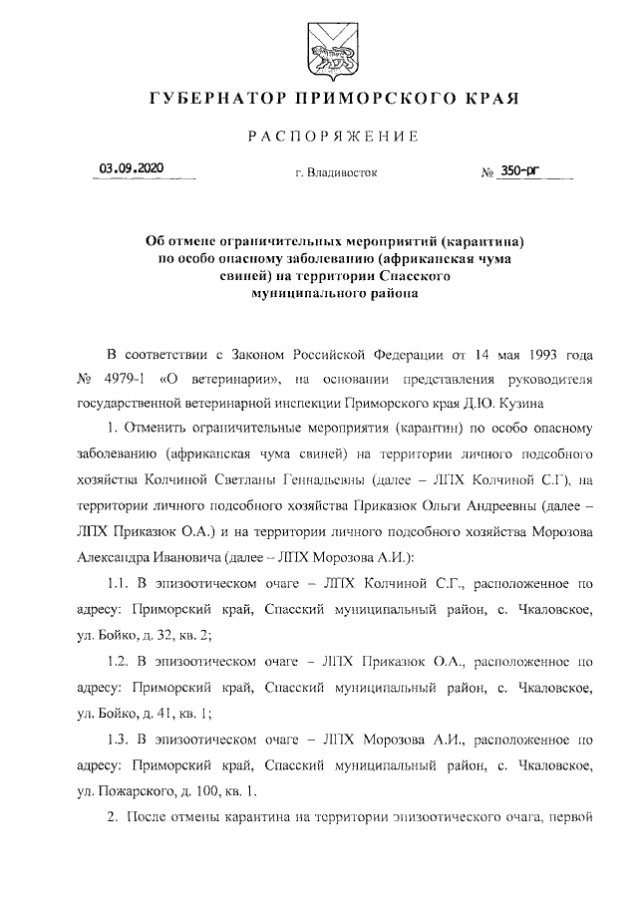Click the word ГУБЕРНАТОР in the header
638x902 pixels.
[x=206, y=100]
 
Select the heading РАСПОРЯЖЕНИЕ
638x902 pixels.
[x=319, y=136]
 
